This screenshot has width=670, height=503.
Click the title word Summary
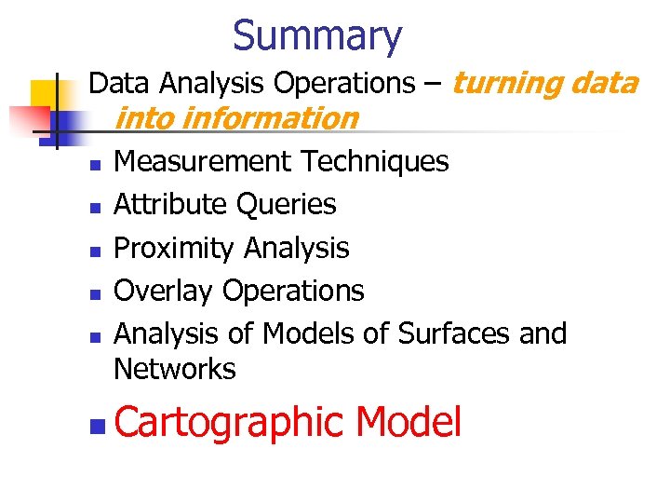[316, 36]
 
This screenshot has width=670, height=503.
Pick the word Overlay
[163, 291]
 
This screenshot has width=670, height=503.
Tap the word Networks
[175, 369]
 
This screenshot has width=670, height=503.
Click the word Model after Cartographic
[409, 423]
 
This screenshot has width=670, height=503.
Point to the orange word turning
[507, 84]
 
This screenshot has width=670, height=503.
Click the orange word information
[270, 118]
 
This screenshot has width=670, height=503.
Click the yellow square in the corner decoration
[45, 93]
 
